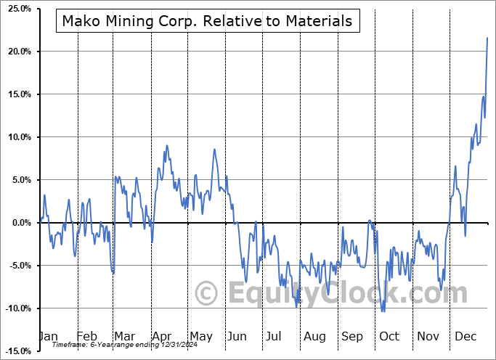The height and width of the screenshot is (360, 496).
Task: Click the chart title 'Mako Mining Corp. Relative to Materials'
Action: click(207, 21)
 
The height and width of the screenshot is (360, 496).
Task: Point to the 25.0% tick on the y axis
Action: click(17, 9)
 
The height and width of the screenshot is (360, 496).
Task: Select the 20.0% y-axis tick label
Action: click(17, 52)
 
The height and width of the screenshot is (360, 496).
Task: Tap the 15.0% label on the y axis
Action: click(17, 94)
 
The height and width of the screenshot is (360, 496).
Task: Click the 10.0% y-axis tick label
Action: click(17, 137)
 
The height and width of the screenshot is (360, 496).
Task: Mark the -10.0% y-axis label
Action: click(15, 308)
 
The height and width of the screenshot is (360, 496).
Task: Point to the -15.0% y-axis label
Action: click(15, 351)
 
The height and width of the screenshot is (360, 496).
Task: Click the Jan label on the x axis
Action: click(48, 337)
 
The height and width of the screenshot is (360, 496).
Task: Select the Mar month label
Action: click(123, 337)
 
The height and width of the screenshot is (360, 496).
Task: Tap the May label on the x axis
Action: click(201, 337)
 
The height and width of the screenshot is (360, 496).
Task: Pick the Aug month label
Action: click(315, 337)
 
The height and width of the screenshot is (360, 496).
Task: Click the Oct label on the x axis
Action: click(389, 337)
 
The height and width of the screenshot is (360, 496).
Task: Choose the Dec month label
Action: click(466, 337)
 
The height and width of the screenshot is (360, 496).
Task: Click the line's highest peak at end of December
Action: click(487, 38)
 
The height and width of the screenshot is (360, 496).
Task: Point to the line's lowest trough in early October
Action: click(383, 311)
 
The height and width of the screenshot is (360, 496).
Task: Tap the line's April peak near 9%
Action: click(166, 146)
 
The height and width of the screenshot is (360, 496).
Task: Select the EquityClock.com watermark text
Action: click(348, 293)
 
